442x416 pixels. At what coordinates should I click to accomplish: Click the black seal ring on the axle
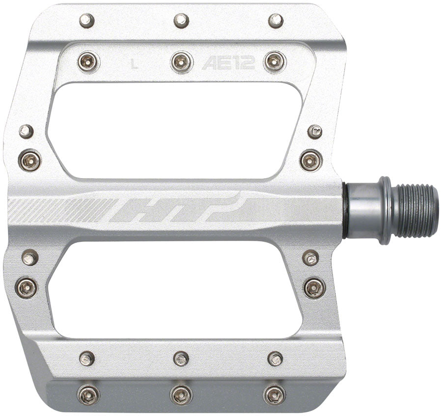(346, 210)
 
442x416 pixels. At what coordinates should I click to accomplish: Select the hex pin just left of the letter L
(89, 62)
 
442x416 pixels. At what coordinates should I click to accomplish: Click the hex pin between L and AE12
(182, 62)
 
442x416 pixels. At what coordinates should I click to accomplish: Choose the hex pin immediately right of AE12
(275, 62)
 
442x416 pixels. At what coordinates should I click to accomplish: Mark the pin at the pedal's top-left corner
(87, 21)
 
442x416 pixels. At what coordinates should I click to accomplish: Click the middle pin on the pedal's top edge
(181, 21)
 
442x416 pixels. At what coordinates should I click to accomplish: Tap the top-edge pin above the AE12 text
(276, 21)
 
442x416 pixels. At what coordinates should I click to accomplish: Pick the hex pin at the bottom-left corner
(88, 393)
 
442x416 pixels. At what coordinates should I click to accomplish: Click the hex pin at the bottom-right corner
(274, 393)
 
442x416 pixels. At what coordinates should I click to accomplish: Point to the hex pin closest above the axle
(311, 160)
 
